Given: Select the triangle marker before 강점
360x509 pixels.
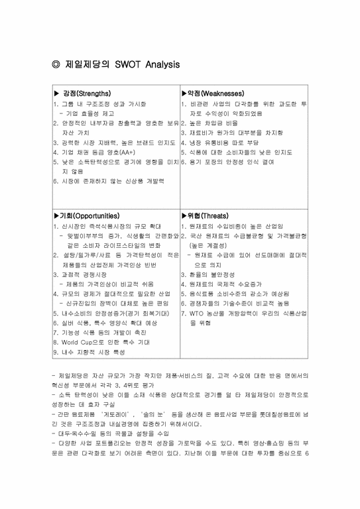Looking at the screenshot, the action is tap(56, 93).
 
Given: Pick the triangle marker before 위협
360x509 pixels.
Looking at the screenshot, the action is tap(185, 216).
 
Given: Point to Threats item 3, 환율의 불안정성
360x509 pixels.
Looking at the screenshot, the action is tap(211, 274).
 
